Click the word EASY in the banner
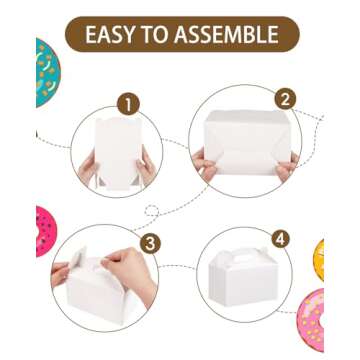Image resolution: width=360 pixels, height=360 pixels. point(118,35)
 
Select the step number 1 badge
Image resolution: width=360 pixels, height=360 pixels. point(128,103)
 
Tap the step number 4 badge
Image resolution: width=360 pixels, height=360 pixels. point(279,239)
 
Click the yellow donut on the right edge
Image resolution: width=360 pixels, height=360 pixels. point(320,260)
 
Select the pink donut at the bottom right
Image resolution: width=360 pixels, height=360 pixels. point(312,321)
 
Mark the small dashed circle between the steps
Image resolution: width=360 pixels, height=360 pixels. point(152,211)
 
